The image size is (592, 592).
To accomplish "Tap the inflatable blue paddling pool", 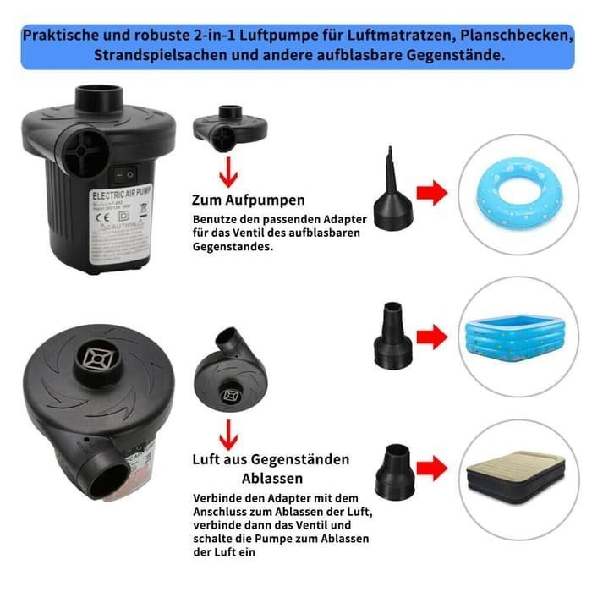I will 513,335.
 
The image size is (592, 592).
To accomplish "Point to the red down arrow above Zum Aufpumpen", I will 227,168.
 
